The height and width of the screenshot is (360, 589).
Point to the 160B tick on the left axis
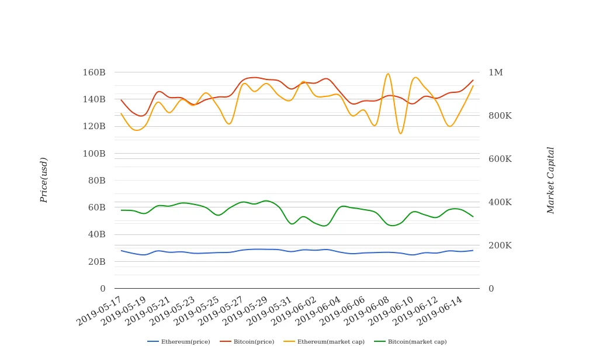[x=94, y=72]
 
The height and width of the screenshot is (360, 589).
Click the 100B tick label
[x=94, y=154]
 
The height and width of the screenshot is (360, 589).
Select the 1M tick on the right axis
[x=496, y=72]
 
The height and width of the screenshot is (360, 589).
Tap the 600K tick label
[x=500, y=159]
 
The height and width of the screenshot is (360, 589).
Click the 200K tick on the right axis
[x=500, y=245]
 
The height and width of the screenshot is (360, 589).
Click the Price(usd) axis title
[x=44, y=180]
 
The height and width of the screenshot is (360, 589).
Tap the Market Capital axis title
[x=550, y=180]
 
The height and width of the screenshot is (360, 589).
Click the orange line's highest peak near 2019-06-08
[x=388, y=74]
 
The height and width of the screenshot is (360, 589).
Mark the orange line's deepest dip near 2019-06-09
[x=400, y=134]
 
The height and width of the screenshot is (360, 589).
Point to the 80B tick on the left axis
[x=96, y=181]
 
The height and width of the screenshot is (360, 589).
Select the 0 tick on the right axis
[x=491, y=289]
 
